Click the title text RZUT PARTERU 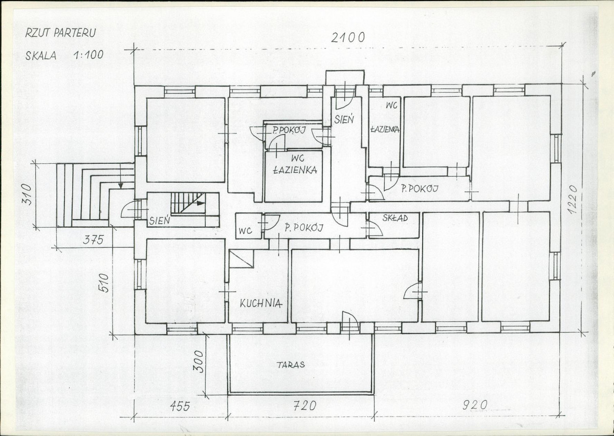pyautogui.click(x=60, y=33)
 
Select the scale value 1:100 pyautogui.click(x=88, y=55)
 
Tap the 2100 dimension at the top pyautogui.click(x=348, y=37)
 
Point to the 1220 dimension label pyautogui.click(x=573, y=200)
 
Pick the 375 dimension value pyautogui.click(x=94, y=240)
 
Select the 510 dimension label pyautogui.click(x=104, y=282)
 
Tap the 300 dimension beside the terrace pyautogui.click(x=201, y=361)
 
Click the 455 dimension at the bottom pyautogui.click(x=180, y=406)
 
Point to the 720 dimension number pyautogui.click(x=305, y=406)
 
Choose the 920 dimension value pyautogui.click(x=475, y=405)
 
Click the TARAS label pyautogui.click(x=291, y=365)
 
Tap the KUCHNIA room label pyautogui.click(x=261, y=303)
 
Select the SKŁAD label pyautogui.click(x=395, y=218)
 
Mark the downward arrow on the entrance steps pyautogui.click(x=120, y=176)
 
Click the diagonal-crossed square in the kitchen pyautogui.click(x=242, y=258)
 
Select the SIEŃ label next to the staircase pyautogui.click(x=160, y=220)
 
